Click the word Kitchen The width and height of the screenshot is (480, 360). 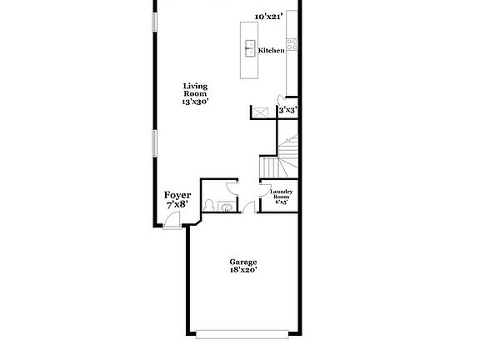pyautogui.click(x=272, y=50)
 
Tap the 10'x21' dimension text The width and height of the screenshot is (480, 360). pyautogui.click(x=269, y=16)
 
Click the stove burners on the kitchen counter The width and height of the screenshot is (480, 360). pyautogui.click(x=291, y=42)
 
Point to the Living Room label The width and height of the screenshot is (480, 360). pyautogui.click(x=196, y=90)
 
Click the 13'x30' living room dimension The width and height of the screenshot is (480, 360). pyautogui.click(x=196, y=101)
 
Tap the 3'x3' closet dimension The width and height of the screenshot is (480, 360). pyautogui.click(x=287, y=109)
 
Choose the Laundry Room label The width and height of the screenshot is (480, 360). pyautogui.click(x=279, y=193)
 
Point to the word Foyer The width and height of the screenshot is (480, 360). pyautogui.click(x=177, y=194)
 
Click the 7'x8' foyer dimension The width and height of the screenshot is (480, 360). pyautogui.click(x=177, y=204)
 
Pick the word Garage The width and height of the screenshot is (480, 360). pyautogui.click(x=243, y=261)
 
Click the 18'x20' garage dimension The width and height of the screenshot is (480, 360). pyautogui.click(x=243, y=270)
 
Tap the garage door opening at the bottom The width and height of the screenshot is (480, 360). pyautogui.click(x=243, y=335)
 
